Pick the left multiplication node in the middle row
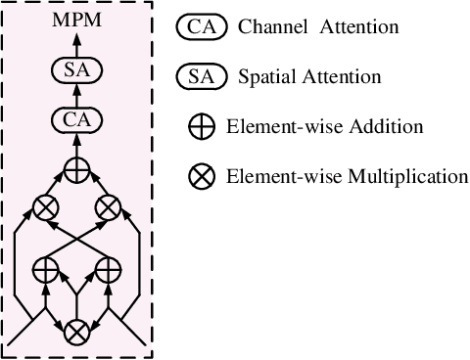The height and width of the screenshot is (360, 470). pyautogui.click(x=45, y=207)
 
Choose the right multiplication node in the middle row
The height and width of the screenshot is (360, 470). pyautogui.click(x=107, y=207)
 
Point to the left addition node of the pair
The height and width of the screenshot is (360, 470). pyautogui.click(x=45, y=266)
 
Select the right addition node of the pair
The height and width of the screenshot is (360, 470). pyautogui.click(x=107, y=266)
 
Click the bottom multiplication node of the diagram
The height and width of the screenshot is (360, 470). pyautogui.click(x=75, y=333)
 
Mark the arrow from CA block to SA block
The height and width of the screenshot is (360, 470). pyautogui.click(x=75, y=97)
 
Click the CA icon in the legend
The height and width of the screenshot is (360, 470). pyautogui.click(x=202, y=27)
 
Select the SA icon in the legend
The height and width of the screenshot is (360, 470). pyautogui.click(x=202, y=75)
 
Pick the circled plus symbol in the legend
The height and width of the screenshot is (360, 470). pyautogui.click(x=202, y=126)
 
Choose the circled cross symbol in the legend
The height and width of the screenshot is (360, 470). pyautogui.click(x=202, y=177)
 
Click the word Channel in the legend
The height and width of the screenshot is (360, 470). pyautogui.click(x=269, y=27)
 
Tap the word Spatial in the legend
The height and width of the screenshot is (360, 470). pyautogui.click(x=266, y=75)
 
